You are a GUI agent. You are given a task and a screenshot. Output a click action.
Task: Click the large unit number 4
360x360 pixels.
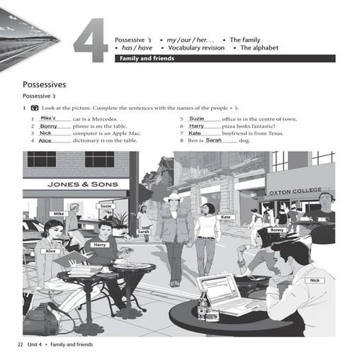[90, 43]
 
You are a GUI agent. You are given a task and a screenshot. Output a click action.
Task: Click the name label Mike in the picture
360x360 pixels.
[59, 213]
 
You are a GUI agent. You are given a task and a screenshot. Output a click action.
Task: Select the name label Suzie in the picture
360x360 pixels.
[106, 206]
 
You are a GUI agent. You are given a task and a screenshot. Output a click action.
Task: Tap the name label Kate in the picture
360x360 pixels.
[225, 217]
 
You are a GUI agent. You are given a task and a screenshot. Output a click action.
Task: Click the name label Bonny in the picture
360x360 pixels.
[276, 230]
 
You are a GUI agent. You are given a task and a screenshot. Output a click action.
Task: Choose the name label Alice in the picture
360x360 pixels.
[51, 251]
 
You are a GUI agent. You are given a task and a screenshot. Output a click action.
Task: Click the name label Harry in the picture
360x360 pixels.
[99, 244]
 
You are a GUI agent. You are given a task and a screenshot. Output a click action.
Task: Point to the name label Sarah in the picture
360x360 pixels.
[143, 232]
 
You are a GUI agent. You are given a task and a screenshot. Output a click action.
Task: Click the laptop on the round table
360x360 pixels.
[225, 292]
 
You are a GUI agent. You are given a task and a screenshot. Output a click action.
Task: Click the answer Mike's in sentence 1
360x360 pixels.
[50, 118]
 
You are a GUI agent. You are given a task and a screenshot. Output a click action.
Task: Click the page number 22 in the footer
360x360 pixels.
[20, 344]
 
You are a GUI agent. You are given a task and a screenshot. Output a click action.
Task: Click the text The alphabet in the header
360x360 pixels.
[259, 48]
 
